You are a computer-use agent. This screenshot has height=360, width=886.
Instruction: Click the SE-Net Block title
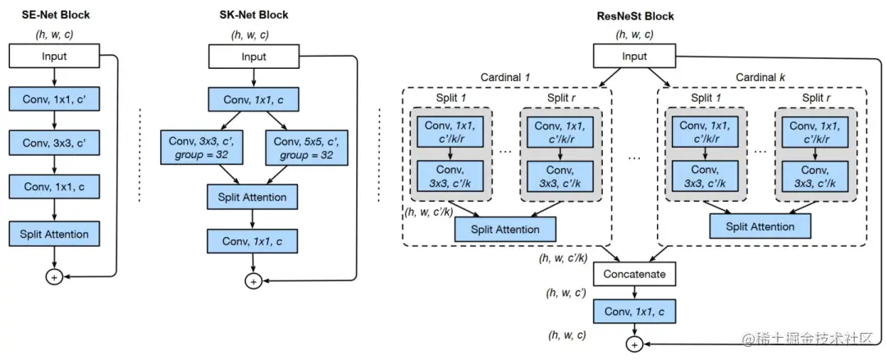coord(54,16)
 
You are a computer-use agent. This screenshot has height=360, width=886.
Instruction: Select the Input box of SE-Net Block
coord(54,57)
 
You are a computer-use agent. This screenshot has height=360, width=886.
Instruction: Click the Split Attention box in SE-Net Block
coord(54,235)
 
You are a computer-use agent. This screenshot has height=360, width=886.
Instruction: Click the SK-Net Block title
coord(253,16)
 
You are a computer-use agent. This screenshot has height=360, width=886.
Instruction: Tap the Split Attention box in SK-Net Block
coord(253,198)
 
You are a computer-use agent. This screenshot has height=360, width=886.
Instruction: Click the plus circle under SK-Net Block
coord(253,281)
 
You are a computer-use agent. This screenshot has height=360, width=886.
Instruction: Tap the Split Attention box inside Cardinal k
coord(760,227)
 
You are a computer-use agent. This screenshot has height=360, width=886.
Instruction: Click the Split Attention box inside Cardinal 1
coord(505,230)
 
